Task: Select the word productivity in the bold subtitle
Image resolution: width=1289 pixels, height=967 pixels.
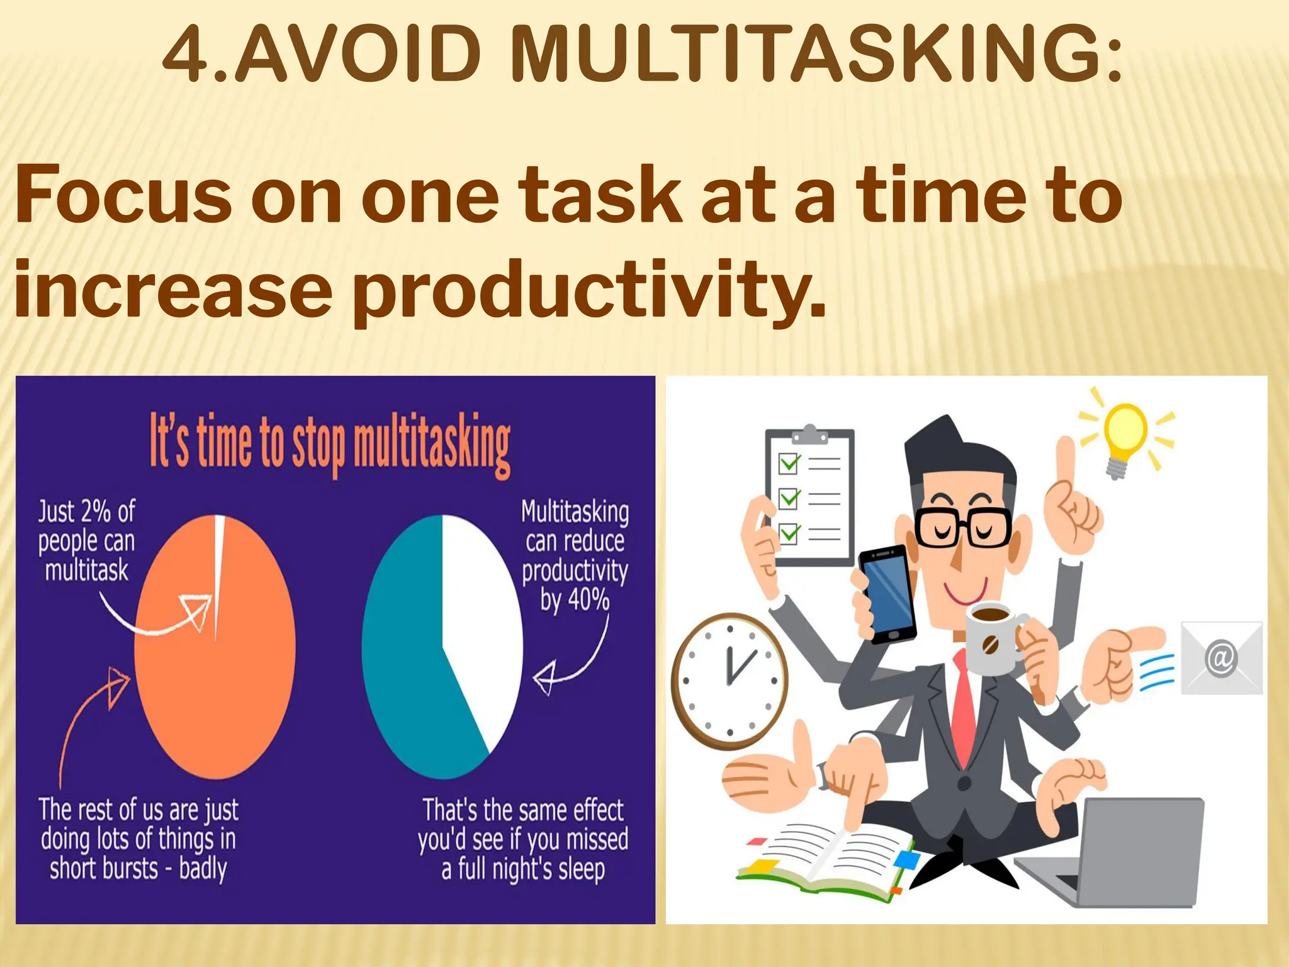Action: coord(588,289)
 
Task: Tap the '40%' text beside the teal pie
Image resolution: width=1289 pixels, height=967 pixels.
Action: coord(588,599)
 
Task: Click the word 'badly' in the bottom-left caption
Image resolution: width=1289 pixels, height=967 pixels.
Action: coord(203,869)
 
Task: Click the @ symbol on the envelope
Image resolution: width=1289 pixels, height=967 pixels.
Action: coord(1221,659)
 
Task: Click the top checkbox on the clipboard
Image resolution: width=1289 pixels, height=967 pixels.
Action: coord(789,463)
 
